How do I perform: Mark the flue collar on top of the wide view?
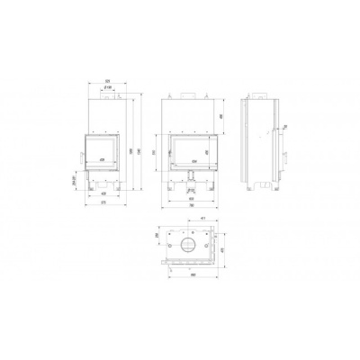[190, 93]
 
